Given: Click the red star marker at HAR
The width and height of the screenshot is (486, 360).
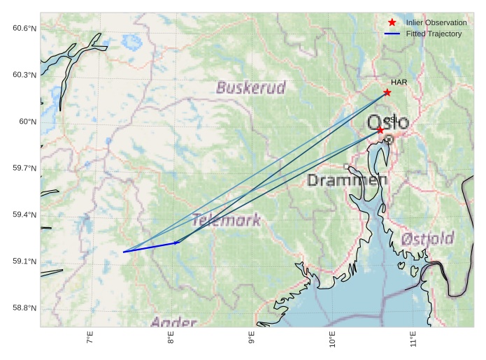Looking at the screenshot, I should tap(387, 92).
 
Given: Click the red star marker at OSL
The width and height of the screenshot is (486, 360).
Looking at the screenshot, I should tap(380, 130).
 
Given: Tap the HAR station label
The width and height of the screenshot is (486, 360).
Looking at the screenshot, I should tap(399, 82).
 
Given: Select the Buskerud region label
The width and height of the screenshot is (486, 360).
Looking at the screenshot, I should tap(250, 87).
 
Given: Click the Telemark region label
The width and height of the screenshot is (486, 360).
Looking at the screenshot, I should tap(226, 220).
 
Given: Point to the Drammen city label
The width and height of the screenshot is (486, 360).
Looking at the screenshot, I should tap(347, 180).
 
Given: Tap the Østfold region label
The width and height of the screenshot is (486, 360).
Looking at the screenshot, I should tap(427, 238).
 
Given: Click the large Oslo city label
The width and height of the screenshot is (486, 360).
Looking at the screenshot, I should tap(388, 122).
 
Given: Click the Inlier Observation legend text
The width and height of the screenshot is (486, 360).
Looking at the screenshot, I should tap(436, 23).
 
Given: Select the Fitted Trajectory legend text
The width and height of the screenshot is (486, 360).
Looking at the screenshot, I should tap(434, 34).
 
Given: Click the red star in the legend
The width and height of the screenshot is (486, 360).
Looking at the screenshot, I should tap(392, 23).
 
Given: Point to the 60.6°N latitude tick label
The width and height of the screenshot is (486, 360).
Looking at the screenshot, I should tap(24, 28).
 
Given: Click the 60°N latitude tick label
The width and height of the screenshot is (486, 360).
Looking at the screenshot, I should tap(27, 122).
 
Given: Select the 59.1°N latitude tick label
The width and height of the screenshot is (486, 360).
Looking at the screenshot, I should tap(24, 261).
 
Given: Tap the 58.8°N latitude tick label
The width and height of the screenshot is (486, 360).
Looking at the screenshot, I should tap(24, 308).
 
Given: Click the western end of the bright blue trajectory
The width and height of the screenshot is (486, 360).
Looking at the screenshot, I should tap(124, 252).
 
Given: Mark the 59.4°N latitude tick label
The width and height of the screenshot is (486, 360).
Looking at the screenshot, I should tap(24, 215).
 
